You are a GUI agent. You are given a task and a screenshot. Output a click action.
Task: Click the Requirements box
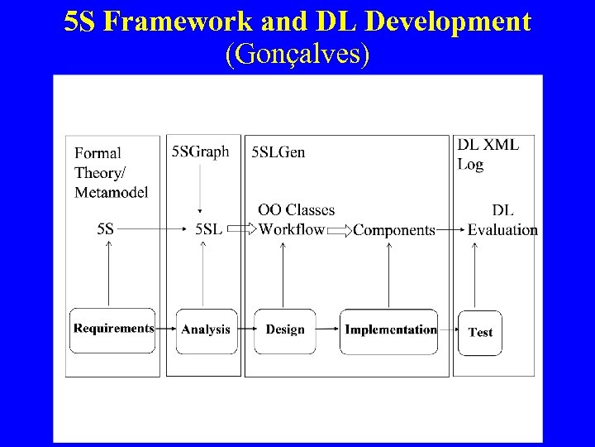coord(113,329)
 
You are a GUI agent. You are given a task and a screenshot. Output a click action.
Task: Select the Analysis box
coord(206,330)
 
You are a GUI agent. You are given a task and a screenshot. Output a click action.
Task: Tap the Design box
coord(285,330)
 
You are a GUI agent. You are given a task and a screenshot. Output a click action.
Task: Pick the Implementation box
coord(390,330)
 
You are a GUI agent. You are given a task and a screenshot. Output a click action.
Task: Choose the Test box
coord(480,333)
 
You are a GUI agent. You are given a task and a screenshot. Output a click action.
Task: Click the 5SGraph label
coord(200,151)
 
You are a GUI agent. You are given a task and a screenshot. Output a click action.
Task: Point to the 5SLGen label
coord(278,151)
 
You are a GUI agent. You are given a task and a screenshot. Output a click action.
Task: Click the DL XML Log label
coord(488,154)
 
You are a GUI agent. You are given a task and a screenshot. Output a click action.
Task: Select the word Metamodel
coord(112,192)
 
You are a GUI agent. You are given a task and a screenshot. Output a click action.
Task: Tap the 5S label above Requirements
coord(106,229)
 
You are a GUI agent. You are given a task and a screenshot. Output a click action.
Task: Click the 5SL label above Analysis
coord(208,229)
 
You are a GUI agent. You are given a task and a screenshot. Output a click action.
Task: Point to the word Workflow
coord(292,229)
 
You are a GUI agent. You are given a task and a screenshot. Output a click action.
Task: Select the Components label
coord(394,230)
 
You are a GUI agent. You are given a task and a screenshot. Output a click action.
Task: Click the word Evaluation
coord(502,230)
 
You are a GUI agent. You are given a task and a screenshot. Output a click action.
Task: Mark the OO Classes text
coord(297,210)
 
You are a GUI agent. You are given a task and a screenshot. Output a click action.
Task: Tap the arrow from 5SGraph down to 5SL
coord(201,190)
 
